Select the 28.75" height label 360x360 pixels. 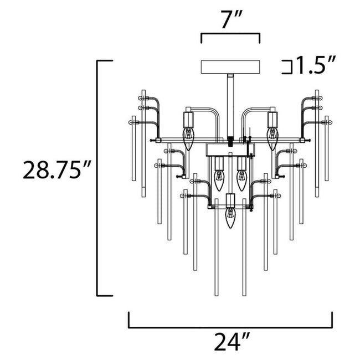pos(54,170)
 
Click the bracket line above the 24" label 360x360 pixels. pos(230,327)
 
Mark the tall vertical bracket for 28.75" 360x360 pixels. pos(99,177)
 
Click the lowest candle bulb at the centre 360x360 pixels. pos(230,218)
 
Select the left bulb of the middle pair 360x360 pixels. pos(218,178)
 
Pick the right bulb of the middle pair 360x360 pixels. pos(241,178)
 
